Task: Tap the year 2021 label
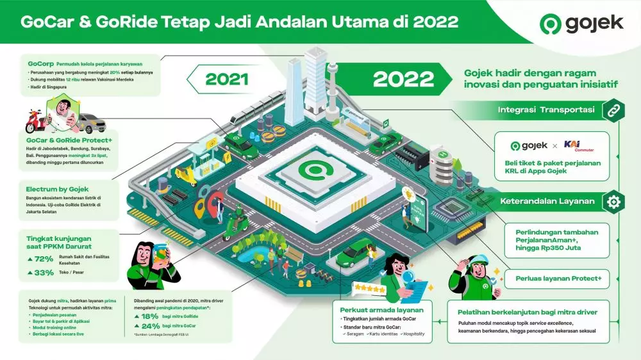tap(226, 79)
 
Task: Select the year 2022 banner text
tap(403, 79)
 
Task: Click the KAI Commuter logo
tap(576, 146)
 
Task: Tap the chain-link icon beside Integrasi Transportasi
tap(612, 110)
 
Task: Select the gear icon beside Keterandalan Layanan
tap(613, 201)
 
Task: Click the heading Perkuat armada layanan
tap(372, 310)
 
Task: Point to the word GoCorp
tap(40, 64)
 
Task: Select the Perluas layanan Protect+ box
tap(558, 278)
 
